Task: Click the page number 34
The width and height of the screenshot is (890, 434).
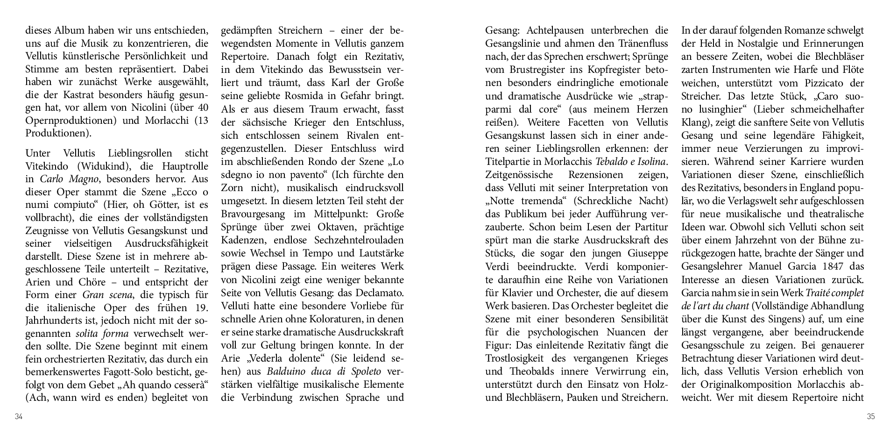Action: tap(19, 417)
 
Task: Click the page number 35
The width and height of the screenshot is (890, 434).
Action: tap(870, 417)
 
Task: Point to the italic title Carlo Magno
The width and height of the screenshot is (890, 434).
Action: tap(64, 179)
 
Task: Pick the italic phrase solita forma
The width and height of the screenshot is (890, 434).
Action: tap(102, 334)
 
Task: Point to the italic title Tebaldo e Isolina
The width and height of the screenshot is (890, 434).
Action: tap(631, 162)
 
